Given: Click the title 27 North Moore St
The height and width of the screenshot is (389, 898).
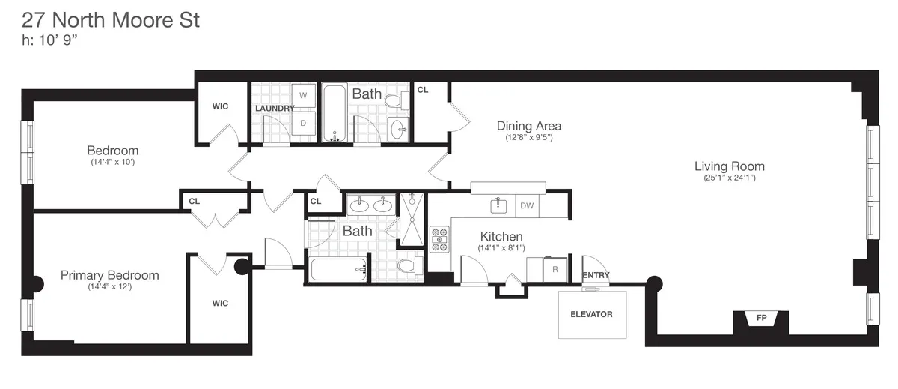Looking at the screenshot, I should coord(111,20).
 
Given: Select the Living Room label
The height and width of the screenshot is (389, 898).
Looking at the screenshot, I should coord(729,166).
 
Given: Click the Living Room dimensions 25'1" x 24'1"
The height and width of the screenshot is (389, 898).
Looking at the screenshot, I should coord(729,178).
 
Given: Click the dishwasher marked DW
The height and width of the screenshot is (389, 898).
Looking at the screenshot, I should coord(527,205).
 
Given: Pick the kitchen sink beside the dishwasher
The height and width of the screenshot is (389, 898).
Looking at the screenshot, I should coord(496,205).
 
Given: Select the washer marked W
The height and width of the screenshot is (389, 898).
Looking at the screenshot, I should coord(303,96).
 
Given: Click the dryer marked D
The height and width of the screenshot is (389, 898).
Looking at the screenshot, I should coord(303,123).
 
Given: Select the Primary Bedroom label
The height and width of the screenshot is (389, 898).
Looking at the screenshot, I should coord(109,275).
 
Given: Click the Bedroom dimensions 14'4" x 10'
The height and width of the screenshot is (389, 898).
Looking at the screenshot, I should coord(112,162).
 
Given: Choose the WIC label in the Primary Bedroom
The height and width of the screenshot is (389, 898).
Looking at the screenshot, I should coord(219,304).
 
